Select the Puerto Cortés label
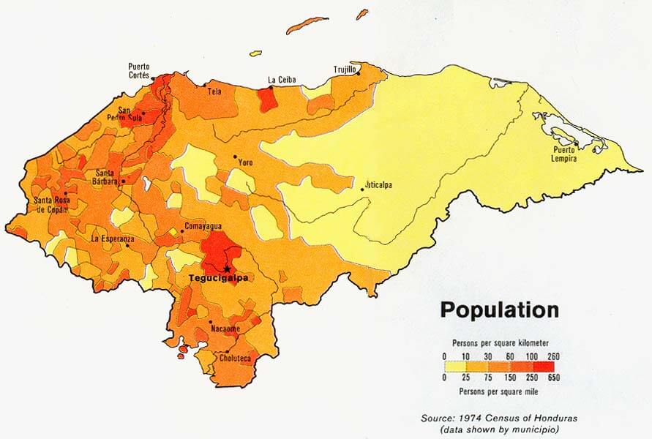[139, 70]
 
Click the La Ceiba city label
[282, 80]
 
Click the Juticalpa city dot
[362, 190]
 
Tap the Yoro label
[246, 162]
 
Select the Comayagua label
[203, 225]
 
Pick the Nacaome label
[225, 329]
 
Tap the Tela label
[215, 92]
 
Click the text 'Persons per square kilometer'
[500, 342]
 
